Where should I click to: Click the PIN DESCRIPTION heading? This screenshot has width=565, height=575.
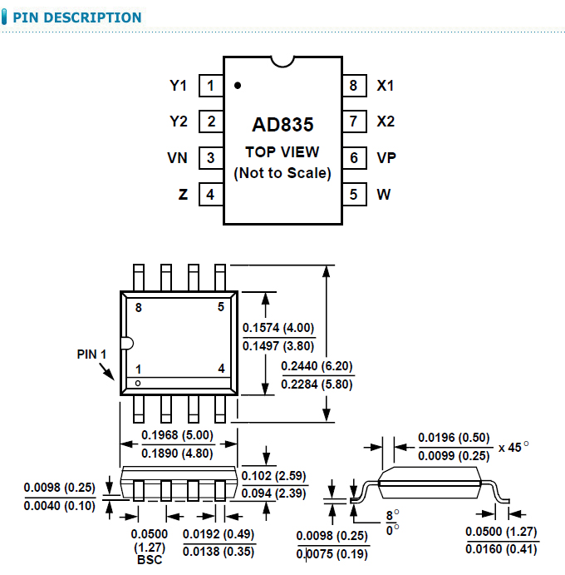pyautogui.click(x=76, y=17)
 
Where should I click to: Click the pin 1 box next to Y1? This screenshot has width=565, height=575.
pyautogui.click(x=210, y=85)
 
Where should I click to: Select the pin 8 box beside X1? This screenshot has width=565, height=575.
pyautogui.click(x=354, y=85)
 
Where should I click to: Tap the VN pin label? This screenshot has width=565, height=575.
pyautogui.click(x=178, y=157)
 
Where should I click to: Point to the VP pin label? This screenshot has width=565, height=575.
pyautogui.click(x=386, y=157)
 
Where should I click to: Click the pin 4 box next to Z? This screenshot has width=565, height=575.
pyautogui.click(x=210, y=194)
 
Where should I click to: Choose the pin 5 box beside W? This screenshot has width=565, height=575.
pyautogui.click(x=354, y=194)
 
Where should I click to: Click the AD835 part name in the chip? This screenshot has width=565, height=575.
pyautogui.click(x=282, y=125)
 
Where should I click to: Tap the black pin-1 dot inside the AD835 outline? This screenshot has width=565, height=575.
pyautogui.click(x=238, y=85)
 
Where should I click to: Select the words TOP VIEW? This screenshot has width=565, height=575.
pyautogui.click(x=282, y=152)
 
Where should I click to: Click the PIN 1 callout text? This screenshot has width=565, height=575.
pyautogui.click(x=92, y=354)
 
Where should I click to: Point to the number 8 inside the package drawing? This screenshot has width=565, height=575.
pyautogui.click(x=139, y=307)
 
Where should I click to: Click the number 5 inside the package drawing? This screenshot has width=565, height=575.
pyautogui.click(x=221, y=307)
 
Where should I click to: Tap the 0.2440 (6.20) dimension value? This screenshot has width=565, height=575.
pyautogui.click(x=317, y=366)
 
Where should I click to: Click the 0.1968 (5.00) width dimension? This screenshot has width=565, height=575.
pyautogui.click(x=177, y=435)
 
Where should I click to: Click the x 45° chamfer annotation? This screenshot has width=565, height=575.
pyautogui.click(x=513, y=446)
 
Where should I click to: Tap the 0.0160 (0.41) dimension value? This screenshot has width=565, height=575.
pyautogui.click(x=502, y=548)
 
